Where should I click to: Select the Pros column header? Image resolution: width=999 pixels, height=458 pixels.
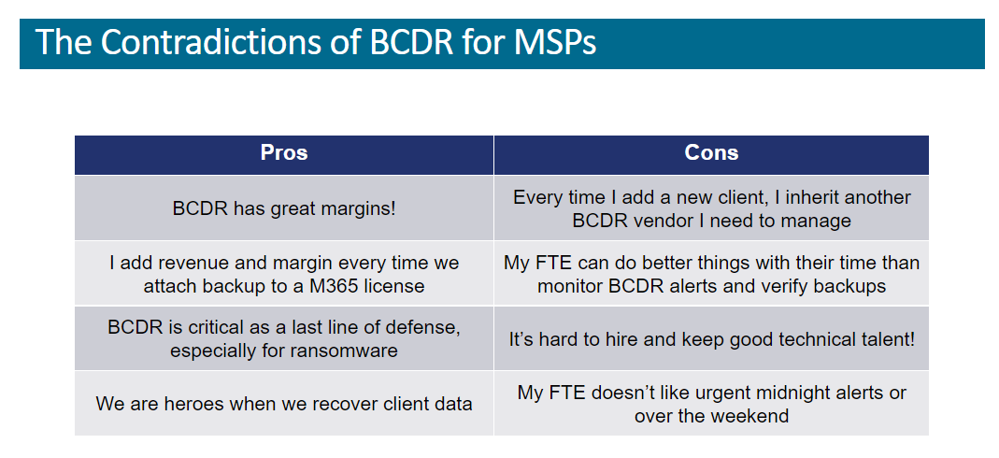pos(284,153)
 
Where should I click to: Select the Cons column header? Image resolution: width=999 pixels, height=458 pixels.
pos(711,153)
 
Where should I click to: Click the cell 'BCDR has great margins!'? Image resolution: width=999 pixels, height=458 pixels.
pos(284,208)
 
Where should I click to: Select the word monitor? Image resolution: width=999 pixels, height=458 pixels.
pos(569,286)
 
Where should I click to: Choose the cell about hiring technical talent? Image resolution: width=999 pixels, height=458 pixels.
pos(712,339)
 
